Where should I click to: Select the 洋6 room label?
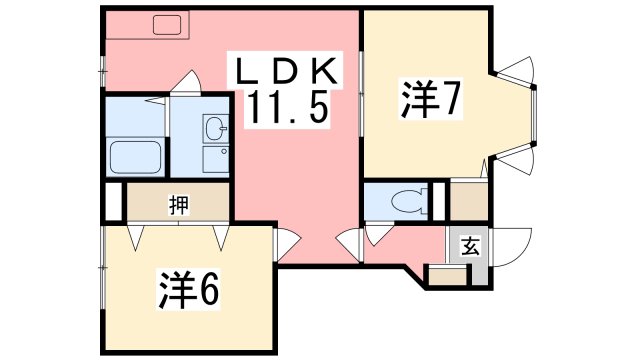click(187, 289)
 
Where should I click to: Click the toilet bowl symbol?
click(407, 200)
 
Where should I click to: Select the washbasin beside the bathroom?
click(214, 127)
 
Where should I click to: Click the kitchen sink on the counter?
click(163, 23)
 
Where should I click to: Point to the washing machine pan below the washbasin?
click(214, 158)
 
